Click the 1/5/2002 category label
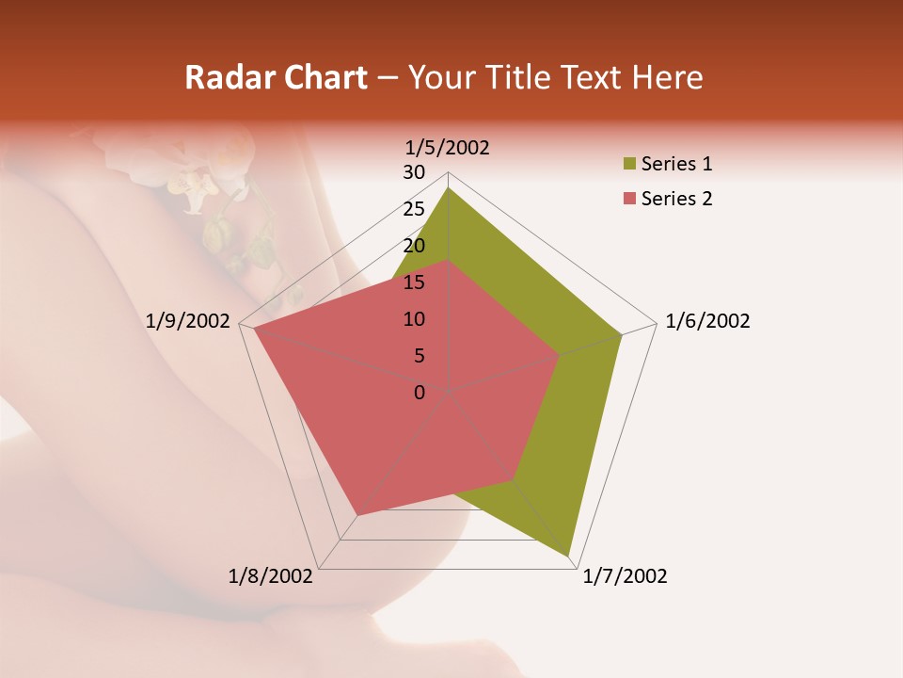447,148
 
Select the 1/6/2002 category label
707,321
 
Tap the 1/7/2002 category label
625,576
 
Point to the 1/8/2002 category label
271,576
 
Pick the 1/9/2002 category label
188,321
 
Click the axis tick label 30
413,172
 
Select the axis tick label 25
413,209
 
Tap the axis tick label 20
413,246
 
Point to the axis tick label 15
413,282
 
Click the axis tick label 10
413,319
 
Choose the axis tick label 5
419,356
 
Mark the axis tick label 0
419,393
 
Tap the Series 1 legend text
676,165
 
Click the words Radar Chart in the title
275,77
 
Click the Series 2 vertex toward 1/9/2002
254,329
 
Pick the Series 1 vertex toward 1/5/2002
448,187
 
